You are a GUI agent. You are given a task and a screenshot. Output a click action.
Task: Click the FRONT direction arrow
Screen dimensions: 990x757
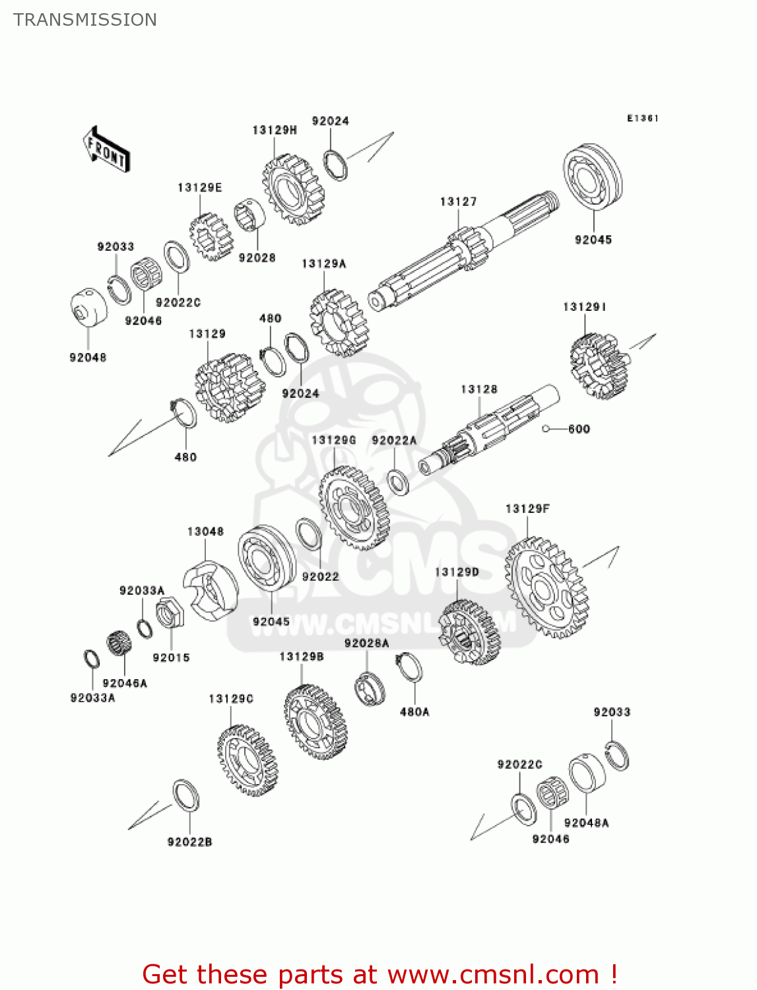[106, 150]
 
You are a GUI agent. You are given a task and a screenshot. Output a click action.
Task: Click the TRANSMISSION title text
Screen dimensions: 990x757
[85, 20]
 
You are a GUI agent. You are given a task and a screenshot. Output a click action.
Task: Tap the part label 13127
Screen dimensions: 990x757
[458, 202]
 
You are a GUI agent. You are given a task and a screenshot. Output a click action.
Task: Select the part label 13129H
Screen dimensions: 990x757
[275, 130]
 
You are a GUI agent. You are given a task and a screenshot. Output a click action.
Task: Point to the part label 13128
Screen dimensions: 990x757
[479, 389]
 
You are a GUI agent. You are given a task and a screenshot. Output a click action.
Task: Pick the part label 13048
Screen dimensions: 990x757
[205, 531]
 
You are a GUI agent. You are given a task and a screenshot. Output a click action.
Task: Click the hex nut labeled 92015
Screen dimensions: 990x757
[170, 614]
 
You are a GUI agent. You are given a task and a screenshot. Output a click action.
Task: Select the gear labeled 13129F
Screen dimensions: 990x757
[546, 587]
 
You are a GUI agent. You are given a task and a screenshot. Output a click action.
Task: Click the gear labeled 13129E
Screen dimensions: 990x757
[211, 236]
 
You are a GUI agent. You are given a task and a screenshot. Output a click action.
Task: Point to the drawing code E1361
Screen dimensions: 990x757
[642, 118]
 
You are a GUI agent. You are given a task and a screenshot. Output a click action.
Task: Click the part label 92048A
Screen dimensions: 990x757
[586, 823]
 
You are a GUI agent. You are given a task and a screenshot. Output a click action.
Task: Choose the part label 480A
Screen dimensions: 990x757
[414, 712]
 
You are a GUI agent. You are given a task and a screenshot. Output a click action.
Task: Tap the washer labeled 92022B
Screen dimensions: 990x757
[186, 795]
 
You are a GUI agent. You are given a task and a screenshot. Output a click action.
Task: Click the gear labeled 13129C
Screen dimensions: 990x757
[247, 760]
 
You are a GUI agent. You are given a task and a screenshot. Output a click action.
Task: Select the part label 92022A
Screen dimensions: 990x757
[394, 440]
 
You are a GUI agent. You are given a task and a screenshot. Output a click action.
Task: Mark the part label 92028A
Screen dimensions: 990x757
[366, 643]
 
